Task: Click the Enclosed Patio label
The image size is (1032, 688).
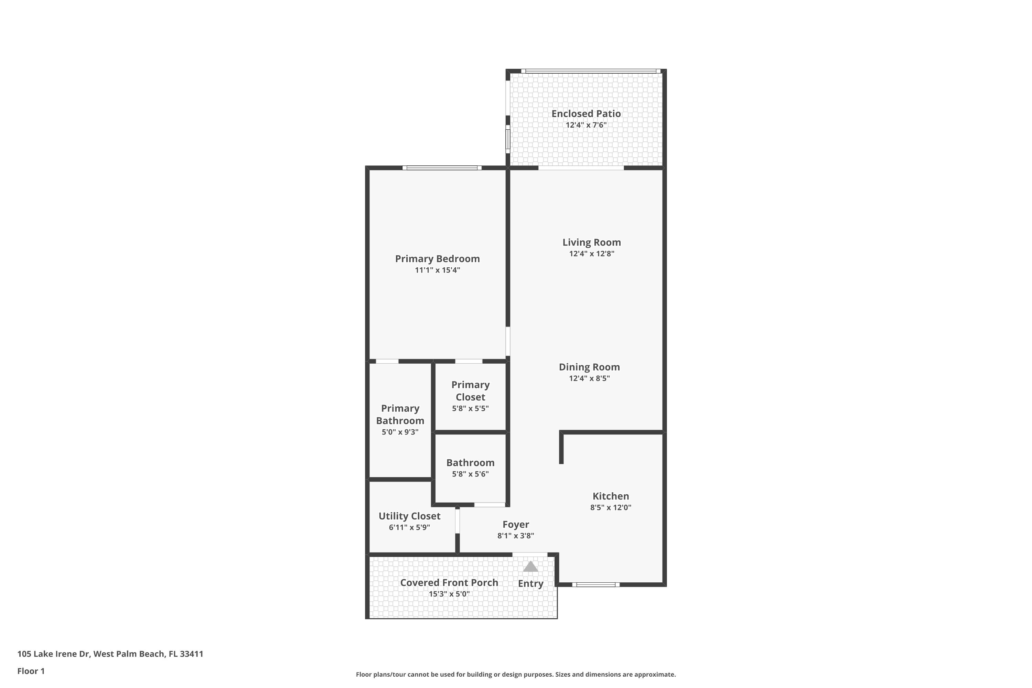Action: [x=586, y=114]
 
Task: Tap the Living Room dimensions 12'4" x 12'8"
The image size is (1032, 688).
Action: [x=591, y=254]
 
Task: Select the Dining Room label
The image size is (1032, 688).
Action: [x=589, y=367]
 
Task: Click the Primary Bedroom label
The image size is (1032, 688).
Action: [x=438, y=259]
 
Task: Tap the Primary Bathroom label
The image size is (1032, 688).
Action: [x=400, y=415]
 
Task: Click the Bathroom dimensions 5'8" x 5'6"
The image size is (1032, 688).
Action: [x=470, y=474]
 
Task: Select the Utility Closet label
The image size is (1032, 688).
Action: [x=409, y=516]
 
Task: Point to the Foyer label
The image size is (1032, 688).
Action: [x=516, y=524]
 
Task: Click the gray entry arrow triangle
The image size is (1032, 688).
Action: [x=530, y=567]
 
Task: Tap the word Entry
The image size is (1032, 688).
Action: [x=530, y=583]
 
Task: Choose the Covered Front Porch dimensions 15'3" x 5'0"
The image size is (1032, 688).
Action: [x=449, y=594]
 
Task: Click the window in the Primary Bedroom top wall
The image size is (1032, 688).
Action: [x=442, y=168]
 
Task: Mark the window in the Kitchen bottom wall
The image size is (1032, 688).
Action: [x=596, y=584]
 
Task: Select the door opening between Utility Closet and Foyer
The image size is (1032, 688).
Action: [x=457, y=520]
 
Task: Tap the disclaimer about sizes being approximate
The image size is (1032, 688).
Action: [x=516, y=674]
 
